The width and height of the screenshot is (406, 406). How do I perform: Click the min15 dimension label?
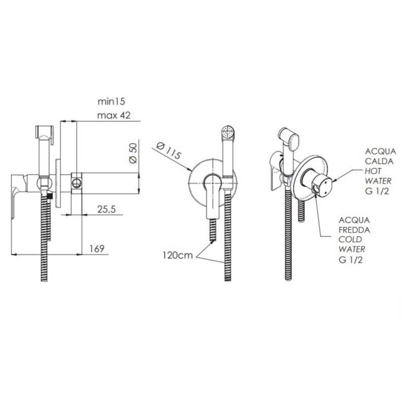111,101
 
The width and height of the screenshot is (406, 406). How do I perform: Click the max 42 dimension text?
114,115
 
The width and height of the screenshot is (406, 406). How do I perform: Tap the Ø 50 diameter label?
133,153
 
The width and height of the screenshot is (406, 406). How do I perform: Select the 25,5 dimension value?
106,209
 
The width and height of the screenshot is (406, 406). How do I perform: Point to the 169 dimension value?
97,249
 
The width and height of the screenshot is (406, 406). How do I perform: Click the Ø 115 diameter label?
169,150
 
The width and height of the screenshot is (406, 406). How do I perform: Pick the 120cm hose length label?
178,255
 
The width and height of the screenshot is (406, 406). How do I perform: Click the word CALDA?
379,161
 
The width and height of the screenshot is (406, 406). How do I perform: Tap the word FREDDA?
354,230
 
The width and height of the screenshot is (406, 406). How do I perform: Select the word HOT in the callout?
373,171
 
